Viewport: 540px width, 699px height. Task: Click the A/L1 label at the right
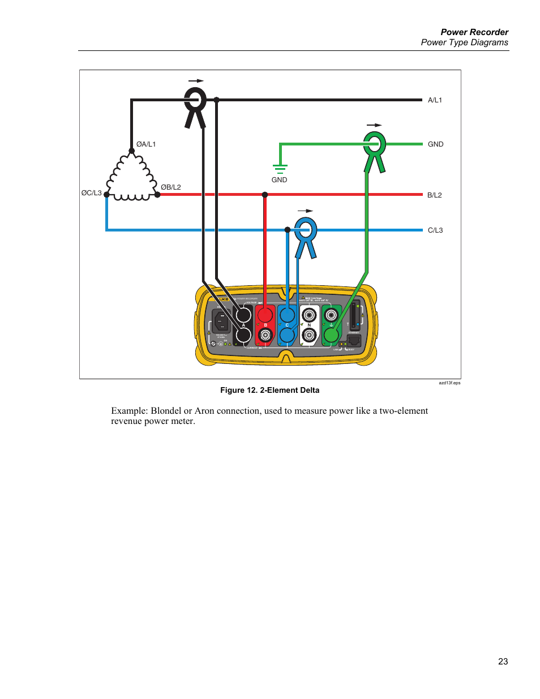click(435, 100)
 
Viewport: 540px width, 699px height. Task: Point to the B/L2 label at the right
click(434, 195)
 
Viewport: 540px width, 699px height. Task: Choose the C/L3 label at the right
click(435, 230)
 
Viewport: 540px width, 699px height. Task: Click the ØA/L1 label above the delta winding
click(146, 144)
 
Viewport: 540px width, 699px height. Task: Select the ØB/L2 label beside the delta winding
click(171, 187)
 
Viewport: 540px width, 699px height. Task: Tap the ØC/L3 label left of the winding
click(91, 193)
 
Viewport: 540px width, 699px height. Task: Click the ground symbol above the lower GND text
click(280, 168)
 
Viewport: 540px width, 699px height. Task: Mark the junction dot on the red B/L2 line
click(265, 195)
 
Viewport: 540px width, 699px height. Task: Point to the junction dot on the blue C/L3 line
click(288, 230)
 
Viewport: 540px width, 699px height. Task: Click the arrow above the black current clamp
click(196, 81)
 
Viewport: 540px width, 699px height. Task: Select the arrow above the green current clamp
click(374, 125)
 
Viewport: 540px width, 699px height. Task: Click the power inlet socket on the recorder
click(220, 321)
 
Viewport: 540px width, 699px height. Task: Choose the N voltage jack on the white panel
click(309, 315)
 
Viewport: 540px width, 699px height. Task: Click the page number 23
click(503, 661)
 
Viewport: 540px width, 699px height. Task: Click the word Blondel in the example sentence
click(166, 411)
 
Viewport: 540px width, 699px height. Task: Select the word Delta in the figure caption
click(308, 390)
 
